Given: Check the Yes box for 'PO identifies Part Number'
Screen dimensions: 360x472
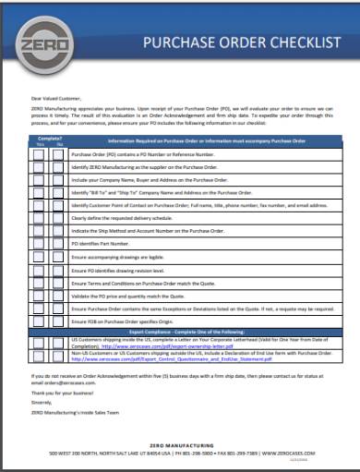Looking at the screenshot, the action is pyautogui.click(x=40, y=242).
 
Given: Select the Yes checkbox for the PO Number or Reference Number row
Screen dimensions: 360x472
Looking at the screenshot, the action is pyautogui.click(x=40, y=155).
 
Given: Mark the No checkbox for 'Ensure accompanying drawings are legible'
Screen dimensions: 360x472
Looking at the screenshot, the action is pyautogui.click(x=58, y=255).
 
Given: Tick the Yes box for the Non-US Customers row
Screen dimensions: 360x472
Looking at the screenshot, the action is pyautogui.click(x=40, y=356).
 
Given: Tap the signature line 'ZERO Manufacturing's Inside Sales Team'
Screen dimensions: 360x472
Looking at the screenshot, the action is pyautogui.click(x=75, y=412).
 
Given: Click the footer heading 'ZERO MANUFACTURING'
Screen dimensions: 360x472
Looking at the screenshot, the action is pyautogui.click(x=180, y=444).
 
